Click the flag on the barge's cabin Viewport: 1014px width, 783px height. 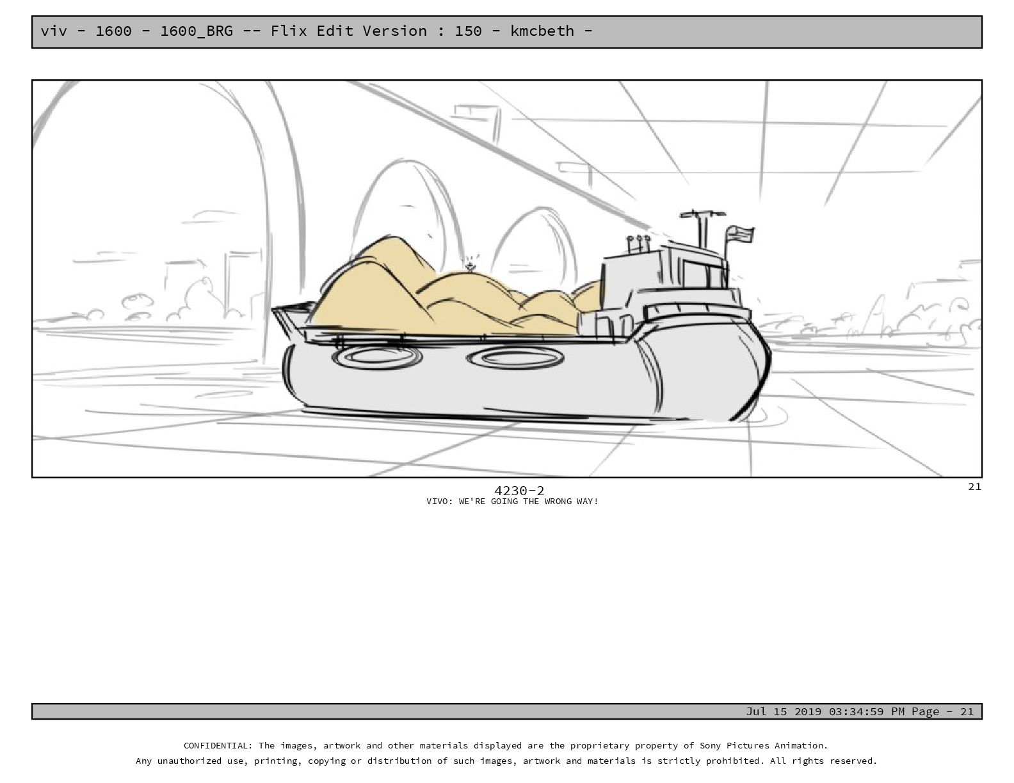click(x=739, y=233)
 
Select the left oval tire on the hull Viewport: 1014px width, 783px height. click(x=377, y=357)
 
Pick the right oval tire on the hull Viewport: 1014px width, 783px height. click(x=515, y=358)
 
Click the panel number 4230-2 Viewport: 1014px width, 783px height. click(x=519, y=491)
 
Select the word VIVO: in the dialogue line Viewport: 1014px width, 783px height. click(x=440, y=502)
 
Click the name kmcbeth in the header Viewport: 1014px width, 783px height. click(x=542, y=31)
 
